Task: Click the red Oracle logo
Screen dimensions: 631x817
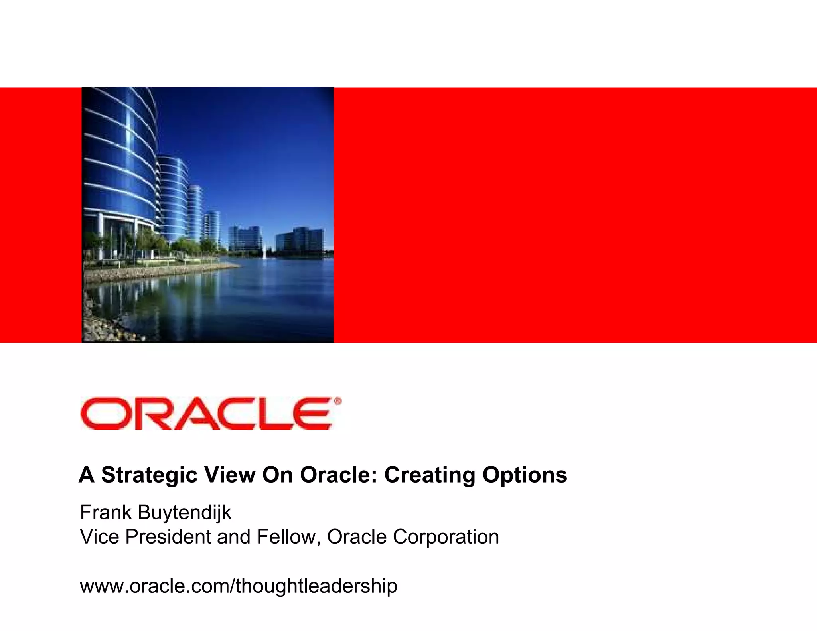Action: (206, 414)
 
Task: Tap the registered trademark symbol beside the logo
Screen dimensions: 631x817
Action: (337, 401)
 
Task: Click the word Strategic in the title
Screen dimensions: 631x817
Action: (149, 475)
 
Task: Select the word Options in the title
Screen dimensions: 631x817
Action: (525, 475)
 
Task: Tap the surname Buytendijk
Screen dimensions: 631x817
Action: (184, 513)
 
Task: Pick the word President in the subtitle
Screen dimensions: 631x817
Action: (168, 537)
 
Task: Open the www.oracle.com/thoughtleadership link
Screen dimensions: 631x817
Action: (239, 586)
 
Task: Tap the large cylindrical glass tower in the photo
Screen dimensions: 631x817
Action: (120, 168)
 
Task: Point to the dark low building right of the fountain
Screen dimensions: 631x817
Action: (300, 241)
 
